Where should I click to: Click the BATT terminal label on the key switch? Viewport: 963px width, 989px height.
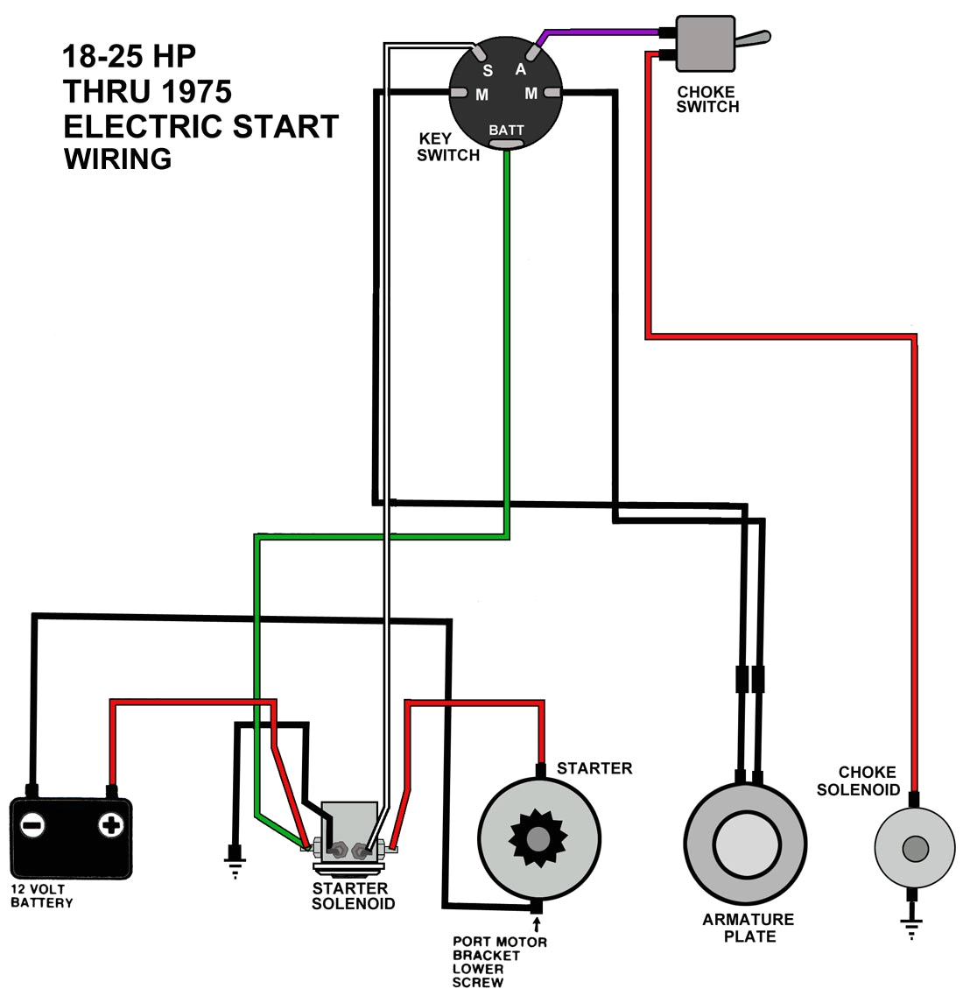pyautogui.click(x=506, y=131)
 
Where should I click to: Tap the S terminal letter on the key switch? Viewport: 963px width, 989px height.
pyautogui.click(x=488, y=71)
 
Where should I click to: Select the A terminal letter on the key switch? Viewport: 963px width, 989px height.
pyautogui.click(x=520, y=69)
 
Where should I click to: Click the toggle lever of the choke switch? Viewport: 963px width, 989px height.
pyautogui.click(x=752, y=39)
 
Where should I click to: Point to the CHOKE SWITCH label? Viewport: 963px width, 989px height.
pyautogui.click(x=707, y=100)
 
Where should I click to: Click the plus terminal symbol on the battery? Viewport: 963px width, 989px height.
pyautogui.click(x=110, y=824)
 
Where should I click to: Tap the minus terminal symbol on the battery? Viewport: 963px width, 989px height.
pyautogui.click(x=32, y=824)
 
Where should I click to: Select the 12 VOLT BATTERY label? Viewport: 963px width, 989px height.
pyautogui.click(x=41, y=895)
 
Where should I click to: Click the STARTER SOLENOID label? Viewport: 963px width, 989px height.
pyautogui.click(x=353, y=895)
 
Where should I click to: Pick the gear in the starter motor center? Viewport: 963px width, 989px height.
pyautogui.click(x=538, y=838)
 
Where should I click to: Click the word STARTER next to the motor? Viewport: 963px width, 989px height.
pyautogui.click(x=594, y=768)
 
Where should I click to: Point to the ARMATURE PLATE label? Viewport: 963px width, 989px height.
pyautogui.click(x=749, y=928)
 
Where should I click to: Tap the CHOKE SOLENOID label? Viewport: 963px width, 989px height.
pyautogui.click(x=858, y=781)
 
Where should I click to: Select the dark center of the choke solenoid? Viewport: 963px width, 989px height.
pyautogui.click(x=914, y=848)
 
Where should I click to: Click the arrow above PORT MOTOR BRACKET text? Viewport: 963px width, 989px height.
pyautogui.click(x=536, y=924)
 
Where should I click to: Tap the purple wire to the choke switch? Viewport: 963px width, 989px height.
pyautogui.click(x=604, y=32)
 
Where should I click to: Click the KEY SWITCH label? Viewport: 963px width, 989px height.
pyautogui.click(x=447, y=147)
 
